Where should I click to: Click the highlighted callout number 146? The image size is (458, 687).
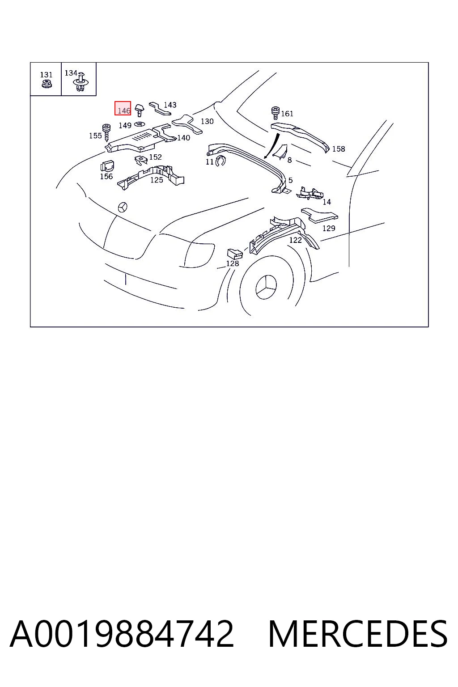[x=124, y=110]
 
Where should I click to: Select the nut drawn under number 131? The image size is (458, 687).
[x=47, y=84]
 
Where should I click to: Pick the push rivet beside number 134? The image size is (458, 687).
[x=81, y=82]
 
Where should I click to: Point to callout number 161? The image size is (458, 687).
[x=287, y=114]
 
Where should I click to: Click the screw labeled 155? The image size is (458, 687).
[x=106, y=132]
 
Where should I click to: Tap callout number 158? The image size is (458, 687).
[x=339, y=149]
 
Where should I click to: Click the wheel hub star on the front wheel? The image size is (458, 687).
[x=266, y=287]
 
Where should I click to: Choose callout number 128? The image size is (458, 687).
[x=233, y=263]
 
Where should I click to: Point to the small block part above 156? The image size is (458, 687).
[x=107, y=165]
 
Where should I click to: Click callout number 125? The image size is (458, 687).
[x=157, y=180]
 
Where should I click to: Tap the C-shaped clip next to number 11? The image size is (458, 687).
[x=220, y=161]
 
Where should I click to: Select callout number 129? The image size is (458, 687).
[x=329, y=228]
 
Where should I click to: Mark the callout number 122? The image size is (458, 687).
[x=295, y=240]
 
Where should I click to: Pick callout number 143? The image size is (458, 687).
[x=170, y=105]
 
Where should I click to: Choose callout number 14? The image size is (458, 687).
[x=327, y=202]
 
